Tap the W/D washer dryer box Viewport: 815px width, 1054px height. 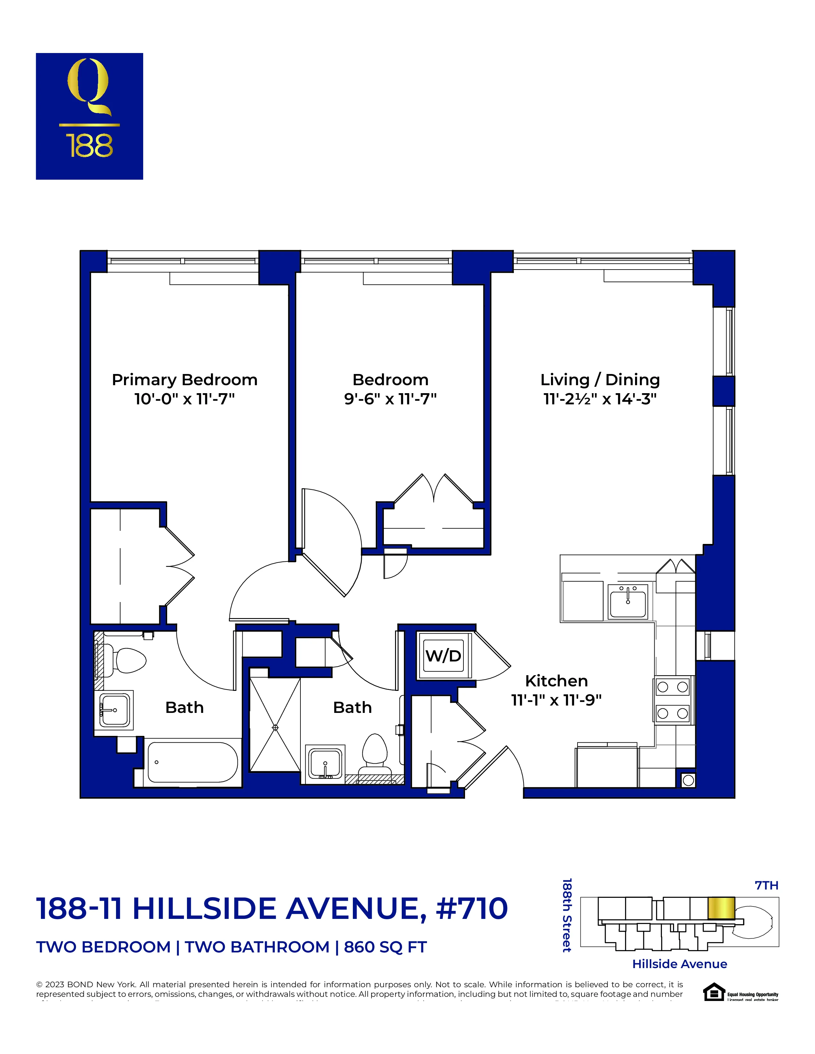443,656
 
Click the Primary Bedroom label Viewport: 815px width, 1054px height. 184,380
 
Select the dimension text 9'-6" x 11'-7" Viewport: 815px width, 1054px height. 390,399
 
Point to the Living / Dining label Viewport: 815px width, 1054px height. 600,380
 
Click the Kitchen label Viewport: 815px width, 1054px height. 556,681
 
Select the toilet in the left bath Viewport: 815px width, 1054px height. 127,661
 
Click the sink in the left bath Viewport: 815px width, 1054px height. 114,710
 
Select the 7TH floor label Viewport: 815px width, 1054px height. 766,886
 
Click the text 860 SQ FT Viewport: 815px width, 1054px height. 385,947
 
